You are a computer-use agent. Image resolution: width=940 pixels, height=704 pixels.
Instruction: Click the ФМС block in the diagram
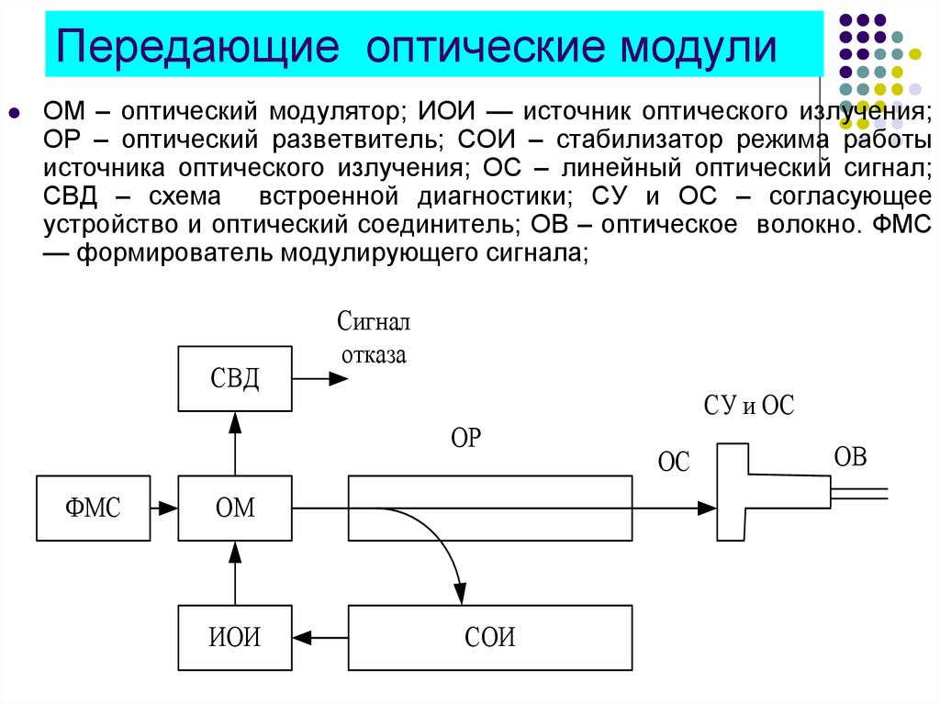pyautogui.click(x=93, y=508)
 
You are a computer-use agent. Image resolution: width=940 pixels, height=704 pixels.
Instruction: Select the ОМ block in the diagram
pyautogui.click(x=235, y=508)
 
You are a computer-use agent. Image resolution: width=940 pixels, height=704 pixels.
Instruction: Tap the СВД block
pyautogui.click(x=235, y=378)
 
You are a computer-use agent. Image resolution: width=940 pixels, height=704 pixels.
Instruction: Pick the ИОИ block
pyautogui.click(x=235, y=637)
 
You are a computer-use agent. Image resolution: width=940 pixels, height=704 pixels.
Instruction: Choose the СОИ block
pyautogui.click(x=490, y=637)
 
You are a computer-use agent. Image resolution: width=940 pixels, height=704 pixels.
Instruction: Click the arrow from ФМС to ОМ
pyautogui.click(x=164, y=508)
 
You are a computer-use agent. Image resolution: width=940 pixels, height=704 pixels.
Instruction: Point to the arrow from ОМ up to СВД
pyautogui.click(x=235, y=443)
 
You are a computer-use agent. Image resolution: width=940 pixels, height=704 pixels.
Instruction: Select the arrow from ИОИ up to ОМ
pyautogui.click(x=235, y=574)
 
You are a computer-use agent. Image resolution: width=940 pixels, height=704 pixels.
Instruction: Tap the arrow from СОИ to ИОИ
pyautogui.click(x=320, y=637)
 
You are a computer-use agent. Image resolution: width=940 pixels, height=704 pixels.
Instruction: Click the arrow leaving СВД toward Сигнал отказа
pyautogui.click(x=320, y=378)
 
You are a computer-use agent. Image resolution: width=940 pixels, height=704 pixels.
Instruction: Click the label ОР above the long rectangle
pyautogui.click(x=465, y=439)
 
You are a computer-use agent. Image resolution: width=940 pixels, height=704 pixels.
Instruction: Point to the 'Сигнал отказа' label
pyautogui.click(x=374, y=338)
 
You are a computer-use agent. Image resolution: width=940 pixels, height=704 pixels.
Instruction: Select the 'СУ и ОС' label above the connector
pyautogui.click(x=749, y=406)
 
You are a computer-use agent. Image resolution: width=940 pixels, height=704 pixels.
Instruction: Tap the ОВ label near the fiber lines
pyautogui.click(x=851, y=457)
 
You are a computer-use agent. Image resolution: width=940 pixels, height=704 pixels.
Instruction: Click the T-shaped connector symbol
pyautogui.click(x=733, y=492)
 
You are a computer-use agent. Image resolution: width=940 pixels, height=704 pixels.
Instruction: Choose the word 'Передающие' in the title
pyautogui.click(x=197, y=46)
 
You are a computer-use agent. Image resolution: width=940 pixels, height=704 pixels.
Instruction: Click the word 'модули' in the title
pyautogui.click(x=699, y=47)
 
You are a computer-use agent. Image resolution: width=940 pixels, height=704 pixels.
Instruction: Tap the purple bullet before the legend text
pyautogui.click(x=15, y=112)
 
